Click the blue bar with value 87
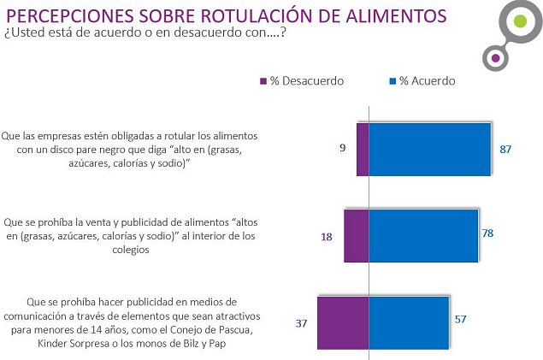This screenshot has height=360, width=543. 429,150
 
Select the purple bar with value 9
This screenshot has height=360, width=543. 363,150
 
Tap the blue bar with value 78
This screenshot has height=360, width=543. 423,235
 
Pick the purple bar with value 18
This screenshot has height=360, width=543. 356,235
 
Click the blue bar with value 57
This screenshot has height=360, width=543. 410,322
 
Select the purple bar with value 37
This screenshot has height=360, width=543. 343,322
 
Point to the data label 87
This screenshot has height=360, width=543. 505,150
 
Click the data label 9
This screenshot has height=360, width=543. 342,149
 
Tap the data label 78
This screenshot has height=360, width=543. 488,233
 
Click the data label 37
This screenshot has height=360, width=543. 302,323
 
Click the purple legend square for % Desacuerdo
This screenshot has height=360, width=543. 263,81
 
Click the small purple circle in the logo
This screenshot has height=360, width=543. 494,59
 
